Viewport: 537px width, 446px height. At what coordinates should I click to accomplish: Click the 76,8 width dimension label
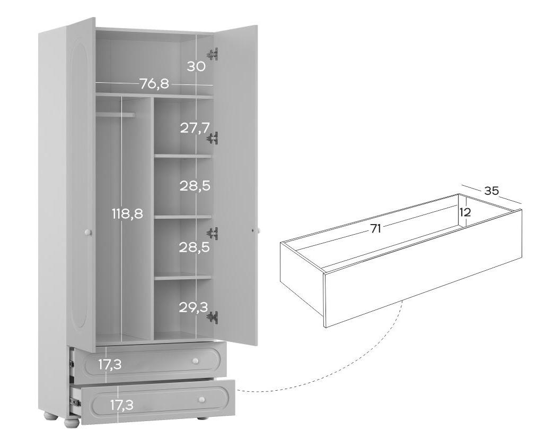(x=154, y=83)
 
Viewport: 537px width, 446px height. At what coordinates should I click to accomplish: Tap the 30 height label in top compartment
(x=196, y=66)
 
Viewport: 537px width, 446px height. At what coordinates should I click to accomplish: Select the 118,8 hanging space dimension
(x=127, y=214)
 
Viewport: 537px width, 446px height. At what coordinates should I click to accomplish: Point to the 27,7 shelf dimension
(x=195, y=128)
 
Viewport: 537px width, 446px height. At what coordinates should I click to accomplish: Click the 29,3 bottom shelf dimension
(x=193, y=307)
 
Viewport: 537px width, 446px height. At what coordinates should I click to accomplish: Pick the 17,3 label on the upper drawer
(x=110, y=365)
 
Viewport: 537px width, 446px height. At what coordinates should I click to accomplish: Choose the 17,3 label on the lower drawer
(x=121, y=406)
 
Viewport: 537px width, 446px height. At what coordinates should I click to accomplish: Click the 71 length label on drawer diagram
(x=376, y=228)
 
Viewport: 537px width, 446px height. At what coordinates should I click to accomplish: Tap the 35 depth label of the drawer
(x=491, y=191)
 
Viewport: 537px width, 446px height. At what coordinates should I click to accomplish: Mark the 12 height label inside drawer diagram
(x=465, y=213)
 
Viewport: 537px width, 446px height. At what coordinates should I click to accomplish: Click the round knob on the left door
(x=88, y=233)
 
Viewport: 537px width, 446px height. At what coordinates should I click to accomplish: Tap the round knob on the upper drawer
(x=195, y=361)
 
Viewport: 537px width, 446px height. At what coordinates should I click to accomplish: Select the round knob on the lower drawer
(x=202, y=400)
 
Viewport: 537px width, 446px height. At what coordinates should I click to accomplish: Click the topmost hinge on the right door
(x=213, y=54)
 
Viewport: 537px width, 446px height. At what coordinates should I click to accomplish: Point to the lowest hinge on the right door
(x=213, y=318)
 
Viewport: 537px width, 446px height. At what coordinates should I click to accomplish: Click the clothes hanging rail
(x=116, y=115)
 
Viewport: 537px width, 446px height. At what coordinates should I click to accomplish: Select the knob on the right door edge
(x=258, y=231)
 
